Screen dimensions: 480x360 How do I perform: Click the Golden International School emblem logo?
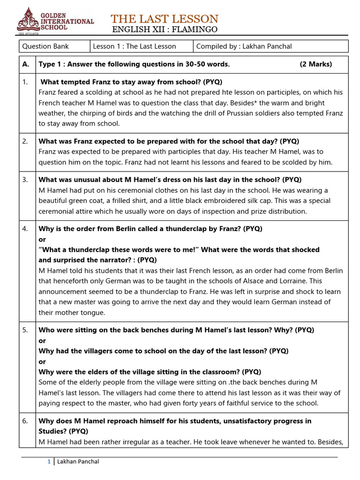pyautogui.click(x=29, y=20)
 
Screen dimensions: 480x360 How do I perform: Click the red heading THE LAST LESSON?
pyautogui.click(x=165, y=19)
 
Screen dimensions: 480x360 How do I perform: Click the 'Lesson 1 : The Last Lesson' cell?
pyautogui.click(x=135, y=46)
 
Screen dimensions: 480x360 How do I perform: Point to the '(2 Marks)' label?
pyautogui.click(x=315, y=64)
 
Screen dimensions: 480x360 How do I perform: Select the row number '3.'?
pyautogui.click(x=25, y=180)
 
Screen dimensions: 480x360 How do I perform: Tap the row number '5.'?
pyautogui.click(x=25, y=330)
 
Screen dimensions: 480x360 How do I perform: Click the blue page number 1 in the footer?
pyautogui.click(x=49, y=462)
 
